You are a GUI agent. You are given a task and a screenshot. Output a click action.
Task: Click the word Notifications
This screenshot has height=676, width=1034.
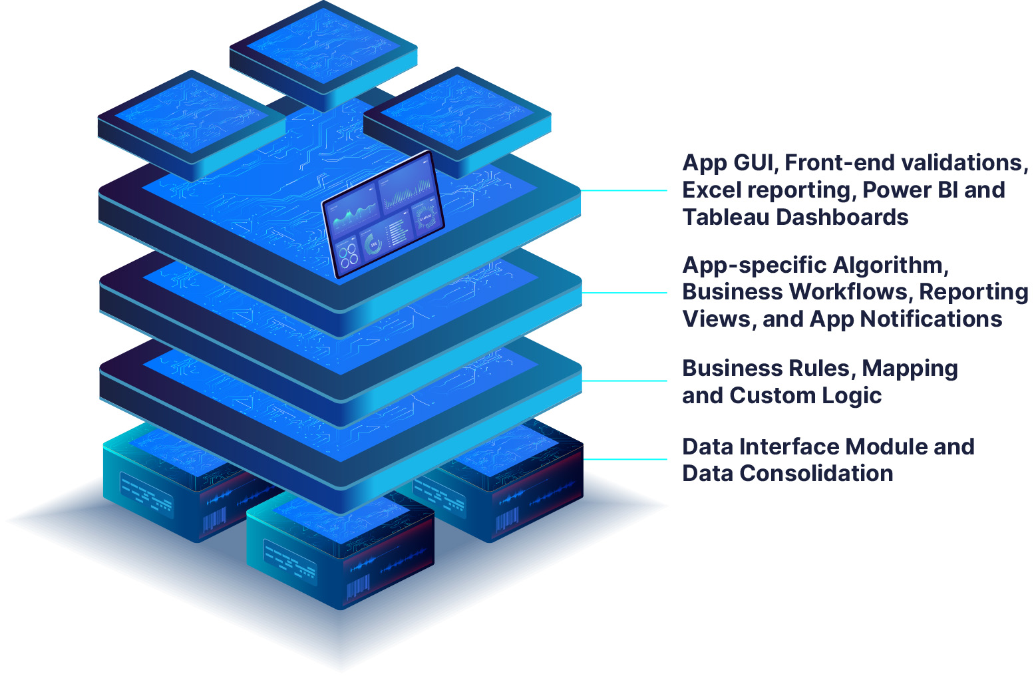(932, 319)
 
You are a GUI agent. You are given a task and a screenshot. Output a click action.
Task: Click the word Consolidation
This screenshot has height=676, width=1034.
(816, 474)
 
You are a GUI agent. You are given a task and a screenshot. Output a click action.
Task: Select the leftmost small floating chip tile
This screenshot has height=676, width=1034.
(192, 120)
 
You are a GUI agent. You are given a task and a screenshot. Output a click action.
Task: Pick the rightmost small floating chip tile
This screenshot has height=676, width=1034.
(457, 116)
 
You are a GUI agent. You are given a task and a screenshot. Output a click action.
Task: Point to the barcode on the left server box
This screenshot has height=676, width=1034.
(214, 518)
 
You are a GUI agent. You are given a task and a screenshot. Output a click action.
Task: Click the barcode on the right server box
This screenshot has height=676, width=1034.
(508, 521)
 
